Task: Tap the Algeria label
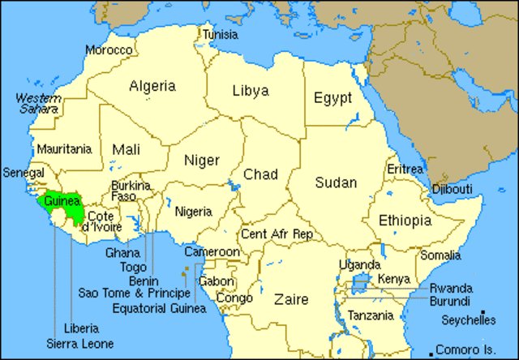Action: pos(152,85)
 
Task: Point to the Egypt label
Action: pos(332,98)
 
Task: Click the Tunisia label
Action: pos(221,35)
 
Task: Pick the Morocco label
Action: pos(109,50)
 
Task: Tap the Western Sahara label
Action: pos(37,103)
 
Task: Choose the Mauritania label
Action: pos(62,149)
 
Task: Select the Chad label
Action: pos(261,174)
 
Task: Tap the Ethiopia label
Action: pos(405,220)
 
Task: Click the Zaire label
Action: pos(291,299)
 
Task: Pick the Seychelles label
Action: pos(469,320)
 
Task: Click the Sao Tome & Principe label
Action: pos(135,293)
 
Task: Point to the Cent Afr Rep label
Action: pos(277,234)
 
